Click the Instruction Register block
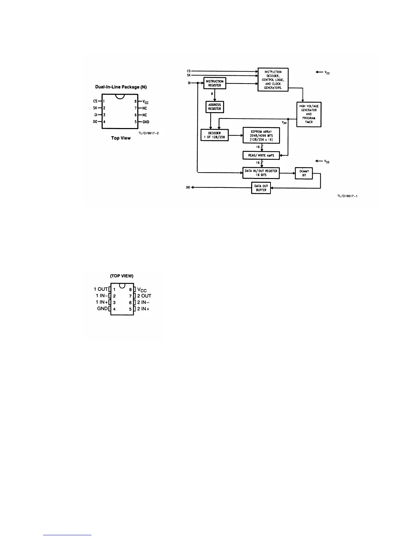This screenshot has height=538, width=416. [x=214, y=83]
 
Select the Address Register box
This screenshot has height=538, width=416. [x=214, y=107]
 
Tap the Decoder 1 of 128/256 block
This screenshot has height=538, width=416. [x=214, y=135]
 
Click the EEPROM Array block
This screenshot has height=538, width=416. [x=261, y=136]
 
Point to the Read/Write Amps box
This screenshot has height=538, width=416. [x=261, y=155]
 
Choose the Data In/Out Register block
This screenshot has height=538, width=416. [x=261, y=173]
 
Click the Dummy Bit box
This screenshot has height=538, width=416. [x=304, y=173]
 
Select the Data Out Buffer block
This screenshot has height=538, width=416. [x=261, y=188]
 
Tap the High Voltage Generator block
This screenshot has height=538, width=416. [x=309, y=114]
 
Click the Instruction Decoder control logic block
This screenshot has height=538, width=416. [x=273, y=79]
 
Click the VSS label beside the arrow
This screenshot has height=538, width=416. [x=327, y=162]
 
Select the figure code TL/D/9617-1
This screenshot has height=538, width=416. [x=347, y=196]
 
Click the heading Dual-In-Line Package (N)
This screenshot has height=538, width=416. [x=121, y=87]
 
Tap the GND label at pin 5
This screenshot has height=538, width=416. [x=146, y=122]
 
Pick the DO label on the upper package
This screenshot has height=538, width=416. [x=95, y=122]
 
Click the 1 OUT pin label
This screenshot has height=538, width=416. [x=101, y=289]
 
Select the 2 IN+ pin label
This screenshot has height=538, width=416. [x=143, y=309]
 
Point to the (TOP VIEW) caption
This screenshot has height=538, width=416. [x=122, y=276]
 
